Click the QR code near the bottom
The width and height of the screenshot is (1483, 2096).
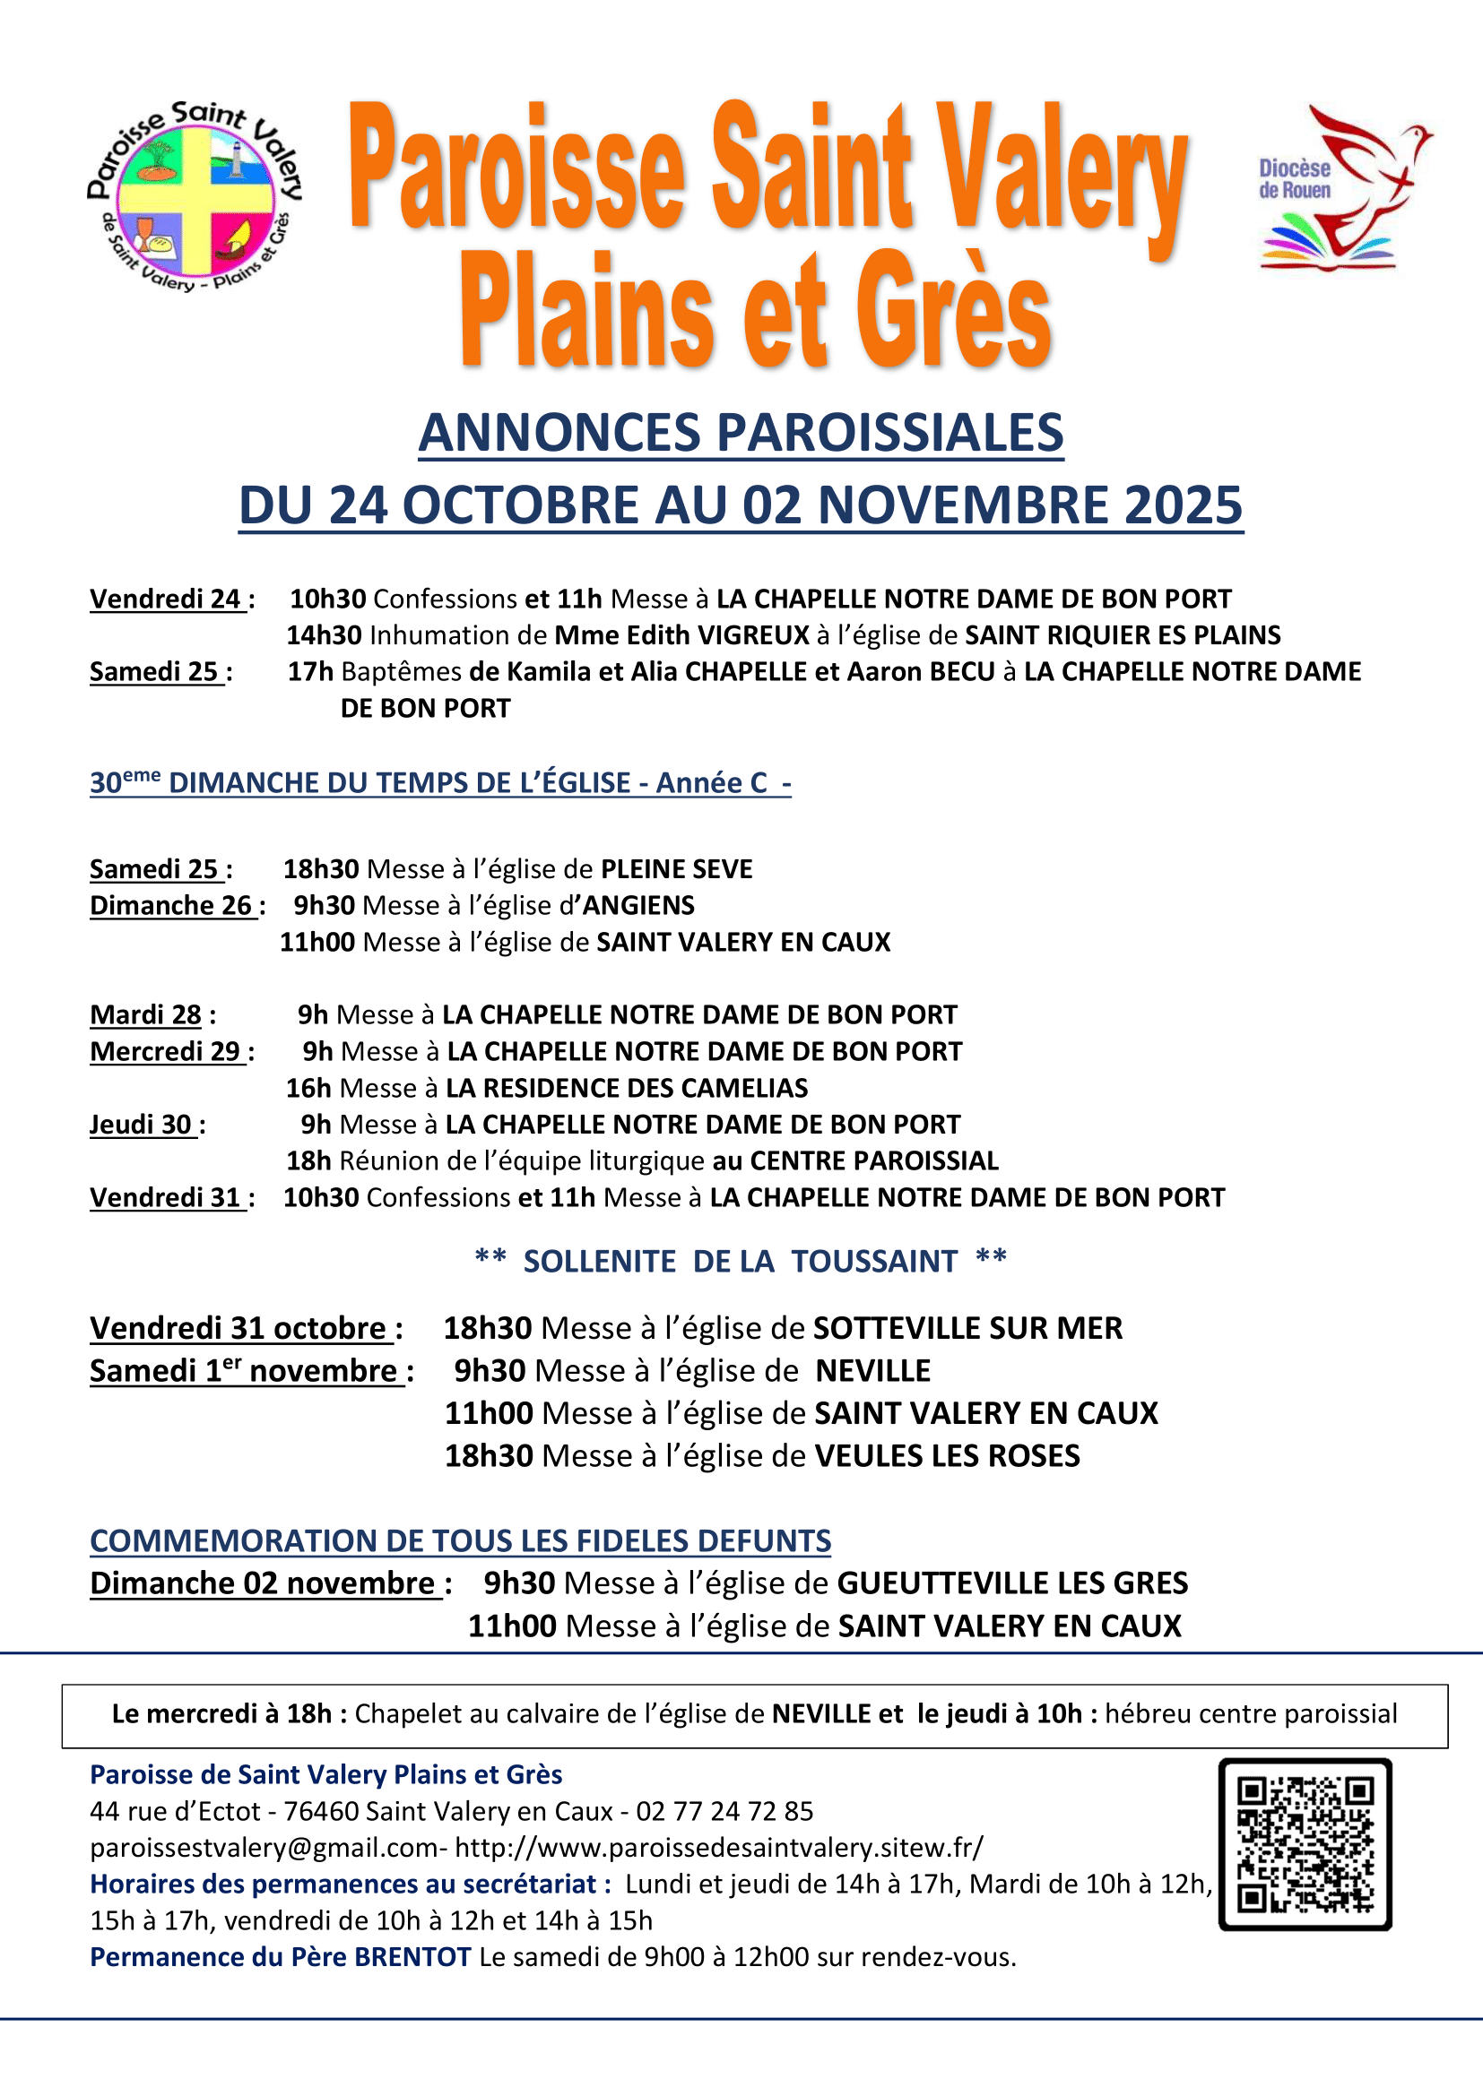(1305, 1844)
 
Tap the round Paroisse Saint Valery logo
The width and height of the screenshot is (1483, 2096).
(195, 196)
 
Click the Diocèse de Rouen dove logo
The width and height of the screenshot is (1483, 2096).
(1342, 187)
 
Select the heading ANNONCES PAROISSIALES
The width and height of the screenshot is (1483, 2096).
(741, 433)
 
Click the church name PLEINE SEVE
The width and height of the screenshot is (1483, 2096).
(677, 869)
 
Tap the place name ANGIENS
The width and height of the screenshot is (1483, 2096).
(639, 906)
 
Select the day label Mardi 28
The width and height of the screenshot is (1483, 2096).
(145, 1015)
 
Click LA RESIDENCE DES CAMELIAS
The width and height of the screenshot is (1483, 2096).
(627, 1088)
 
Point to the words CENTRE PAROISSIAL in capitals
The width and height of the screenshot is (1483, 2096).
(874, 1161)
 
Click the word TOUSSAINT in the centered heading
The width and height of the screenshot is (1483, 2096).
(874, 1262)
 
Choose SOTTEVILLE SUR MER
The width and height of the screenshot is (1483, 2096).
(967, 1328)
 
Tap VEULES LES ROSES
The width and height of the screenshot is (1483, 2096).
(946, 1456)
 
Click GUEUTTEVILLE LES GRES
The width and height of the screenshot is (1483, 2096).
(1011, 1583)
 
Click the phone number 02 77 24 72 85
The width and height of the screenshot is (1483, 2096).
(724, 1811)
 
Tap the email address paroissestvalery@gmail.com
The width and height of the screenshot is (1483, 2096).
(264, 1848)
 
